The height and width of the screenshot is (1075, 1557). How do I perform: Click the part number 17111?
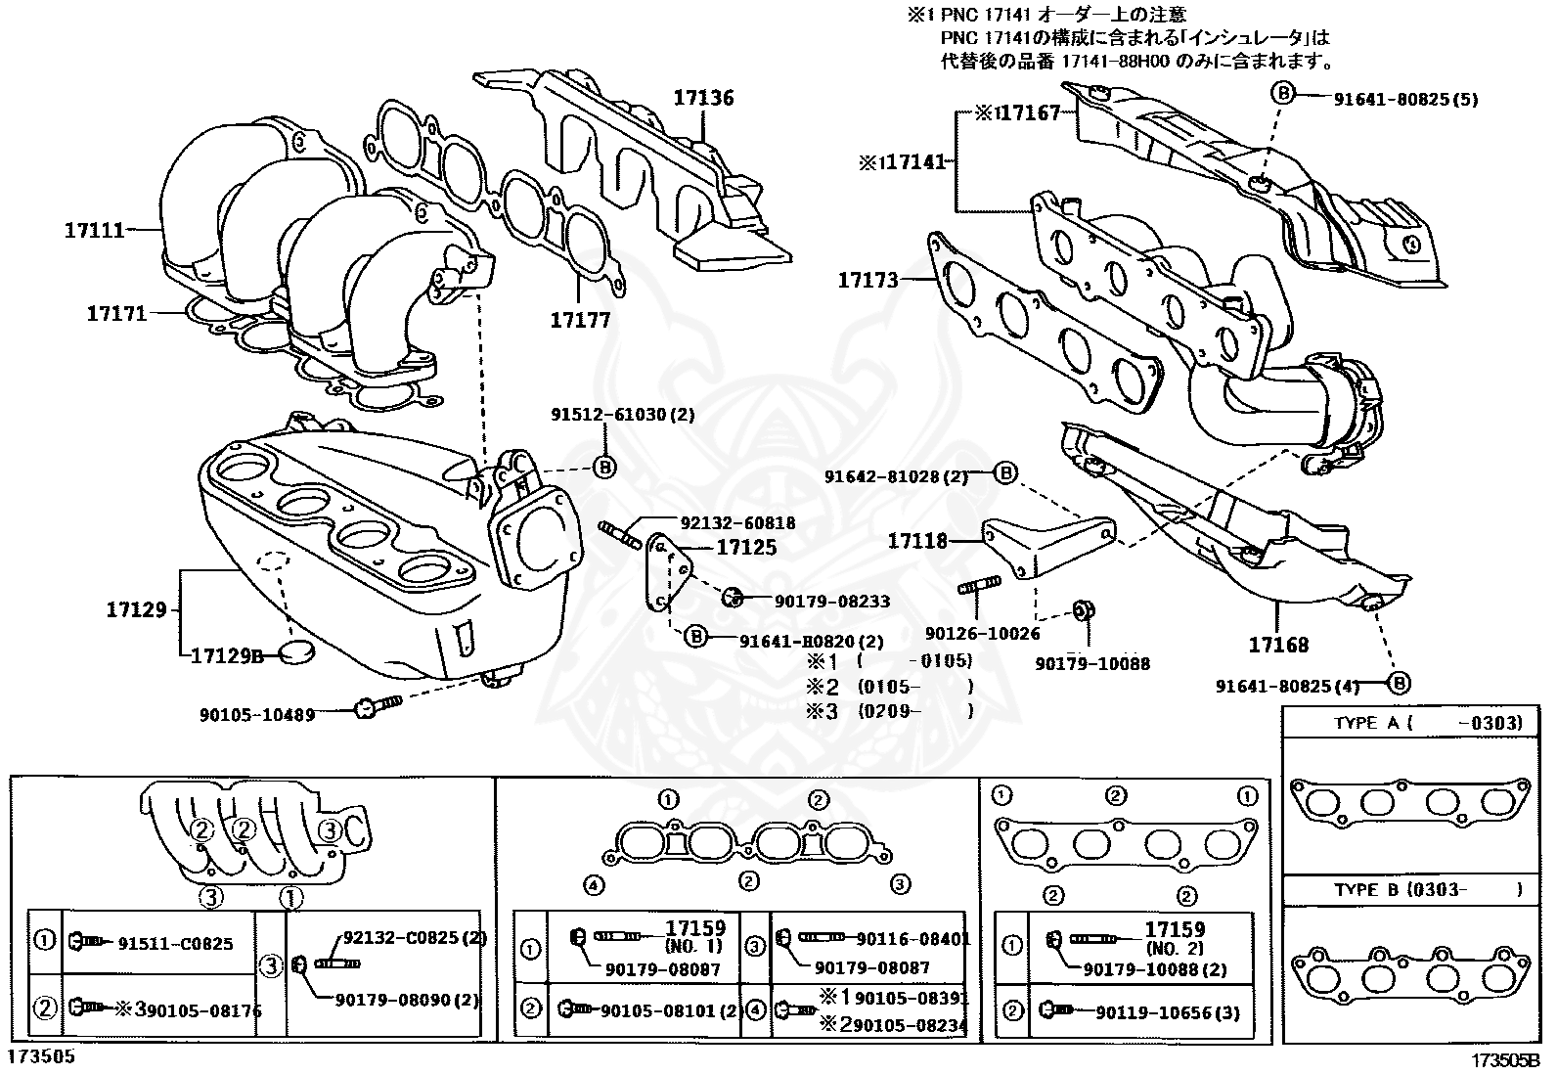pyautogui.click(x=95, y=231)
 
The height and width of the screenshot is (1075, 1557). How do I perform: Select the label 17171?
pyautogui.click(x=116, y=313)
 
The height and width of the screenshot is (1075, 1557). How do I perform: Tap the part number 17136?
pyautogui.click(x=702, y=98)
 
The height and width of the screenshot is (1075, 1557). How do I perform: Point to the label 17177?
pyautogui.click(x=579, y=320)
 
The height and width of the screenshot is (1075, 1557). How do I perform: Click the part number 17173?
pyautogui.click(x=867, y=281)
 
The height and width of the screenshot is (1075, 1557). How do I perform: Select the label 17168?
pyautogui.click(x=1278, y=645)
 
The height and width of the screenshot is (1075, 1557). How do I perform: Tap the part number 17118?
pyautogui.click(x=917, y=540)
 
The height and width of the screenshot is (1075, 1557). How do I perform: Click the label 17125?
pyautogui.click(x=746, y=548)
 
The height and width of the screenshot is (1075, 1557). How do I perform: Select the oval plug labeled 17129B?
pyautogui.click(x=294, y=653)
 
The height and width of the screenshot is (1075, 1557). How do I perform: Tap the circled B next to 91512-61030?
pyautogui.click(x=604, y=468)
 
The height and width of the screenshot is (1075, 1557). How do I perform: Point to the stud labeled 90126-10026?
pyautogui.click(x=978, y=588)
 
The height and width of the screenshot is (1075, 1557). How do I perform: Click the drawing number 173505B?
pyautogui.click(x=1505, y=1060)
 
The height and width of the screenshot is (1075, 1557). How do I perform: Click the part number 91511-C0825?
pyautogui.click(x=176, y=943)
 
